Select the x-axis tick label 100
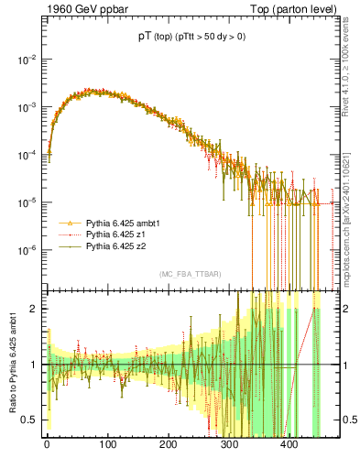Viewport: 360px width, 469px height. (x=107, y=443)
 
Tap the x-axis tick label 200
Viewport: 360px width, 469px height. (x=168, y=443)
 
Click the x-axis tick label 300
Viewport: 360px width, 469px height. (x=229, y=443)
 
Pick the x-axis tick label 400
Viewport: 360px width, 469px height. (x=289, y=443)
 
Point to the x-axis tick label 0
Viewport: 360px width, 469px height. (x=47, y=443)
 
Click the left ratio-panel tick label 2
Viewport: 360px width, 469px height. (x=33, y=309)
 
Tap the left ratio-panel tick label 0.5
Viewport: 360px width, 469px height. (x=29, y=420)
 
